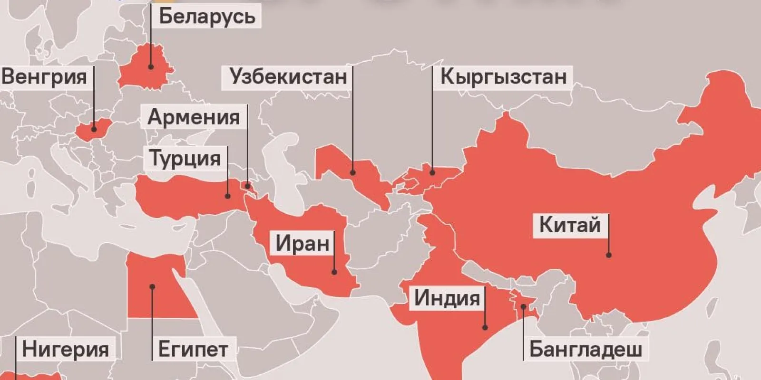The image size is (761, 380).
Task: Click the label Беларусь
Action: click(207, 17)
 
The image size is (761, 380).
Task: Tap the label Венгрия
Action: click(44, 76)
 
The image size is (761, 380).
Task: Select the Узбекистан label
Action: click(288, 76)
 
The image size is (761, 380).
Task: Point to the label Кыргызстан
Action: click(504, 76)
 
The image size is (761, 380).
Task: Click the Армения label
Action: click(194, 117)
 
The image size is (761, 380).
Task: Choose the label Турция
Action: click(185, 158)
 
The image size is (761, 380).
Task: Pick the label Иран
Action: click(302, 243)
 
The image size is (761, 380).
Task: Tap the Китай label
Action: click(570, 225)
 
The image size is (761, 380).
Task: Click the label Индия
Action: click(447, 298)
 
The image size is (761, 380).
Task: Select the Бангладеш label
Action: click(585, 349)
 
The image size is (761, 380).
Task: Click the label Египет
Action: click(193, 349)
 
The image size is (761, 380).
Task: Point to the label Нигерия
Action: click(65, 349)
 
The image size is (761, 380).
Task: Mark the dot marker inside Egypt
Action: click(152, 286)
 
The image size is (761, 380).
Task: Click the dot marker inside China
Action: click(608, 255)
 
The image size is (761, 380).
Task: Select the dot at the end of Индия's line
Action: click(485, 327)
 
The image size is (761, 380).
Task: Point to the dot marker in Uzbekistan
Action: click(353, 172)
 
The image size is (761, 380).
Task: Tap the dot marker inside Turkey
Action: click(227, 196)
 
